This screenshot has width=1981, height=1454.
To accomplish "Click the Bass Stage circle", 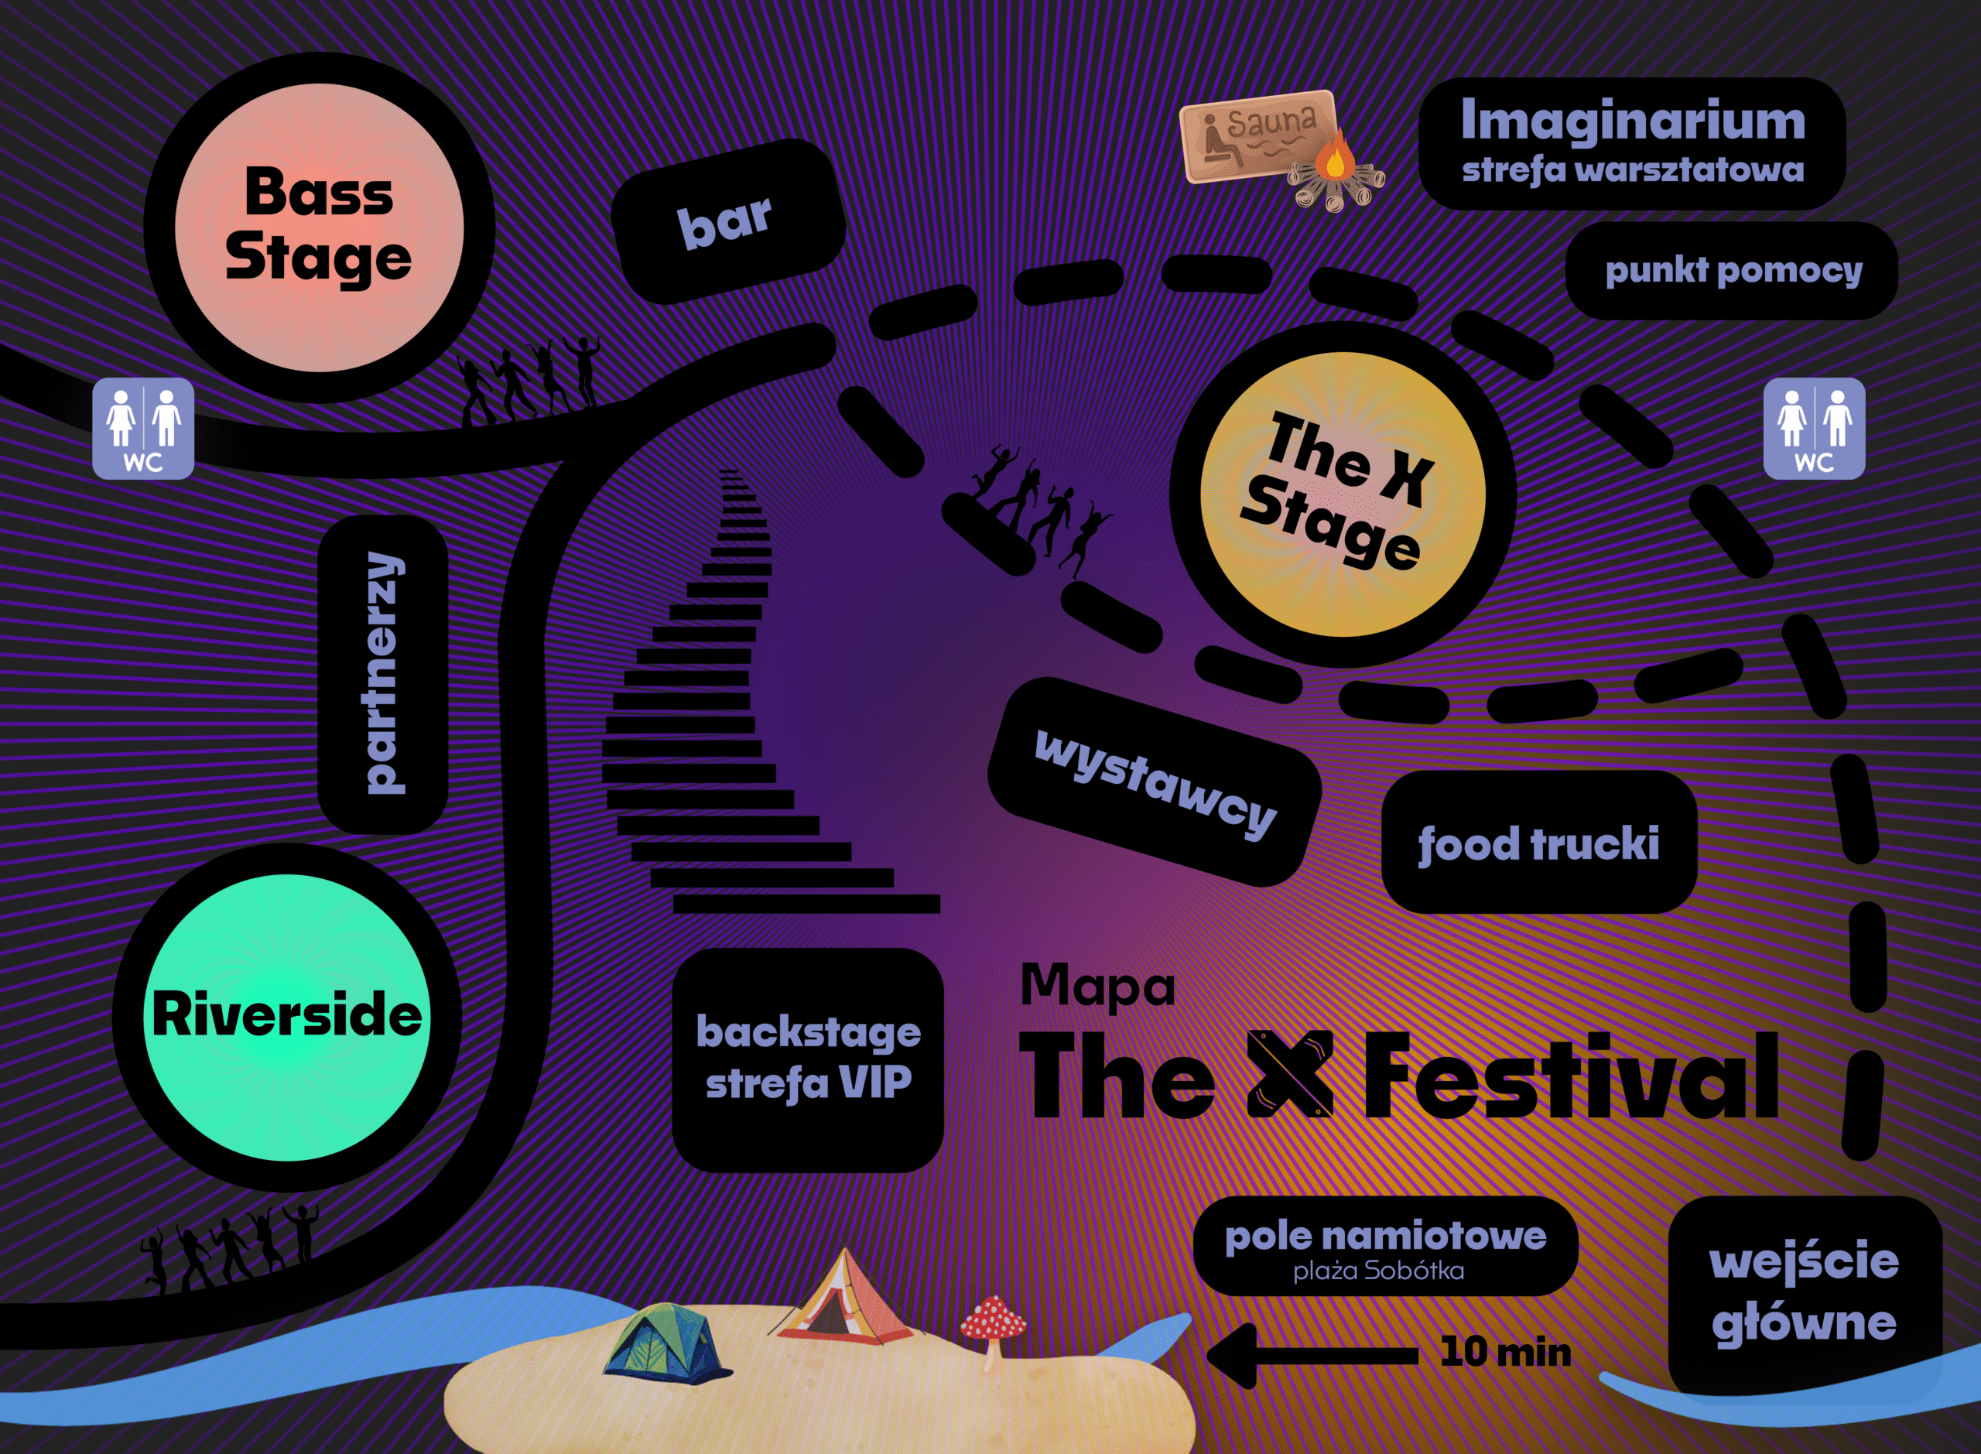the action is click(x=319, y=227).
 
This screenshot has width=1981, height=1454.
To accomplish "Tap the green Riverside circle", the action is click(x=287, y=1018).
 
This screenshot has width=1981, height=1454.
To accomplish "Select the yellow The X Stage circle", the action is click(x=1343, y=494).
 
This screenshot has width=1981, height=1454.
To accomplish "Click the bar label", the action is click(x=729, y=221).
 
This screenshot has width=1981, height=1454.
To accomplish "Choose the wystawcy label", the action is click(x=1155, y=782).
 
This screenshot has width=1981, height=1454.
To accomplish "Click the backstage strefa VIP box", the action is click(x=808, y=1059).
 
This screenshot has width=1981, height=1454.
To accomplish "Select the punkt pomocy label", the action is click(x=1732, y=270).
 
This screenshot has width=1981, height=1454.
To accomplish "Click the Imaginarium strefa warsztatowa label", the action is click(x=1633, y=143).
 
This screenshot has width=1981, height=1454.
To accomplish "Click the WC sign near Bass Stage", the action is click(x=143, y=429).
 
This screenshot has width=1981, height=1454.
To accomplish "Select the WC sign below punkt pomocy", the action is click(x=1815, y=429).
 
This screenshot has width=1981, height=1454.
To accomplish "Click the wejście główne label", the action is click(x=1805, y=1295).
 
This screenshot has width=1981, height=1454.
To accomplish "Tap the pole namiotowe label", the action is click(x=1385, y=1245).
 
